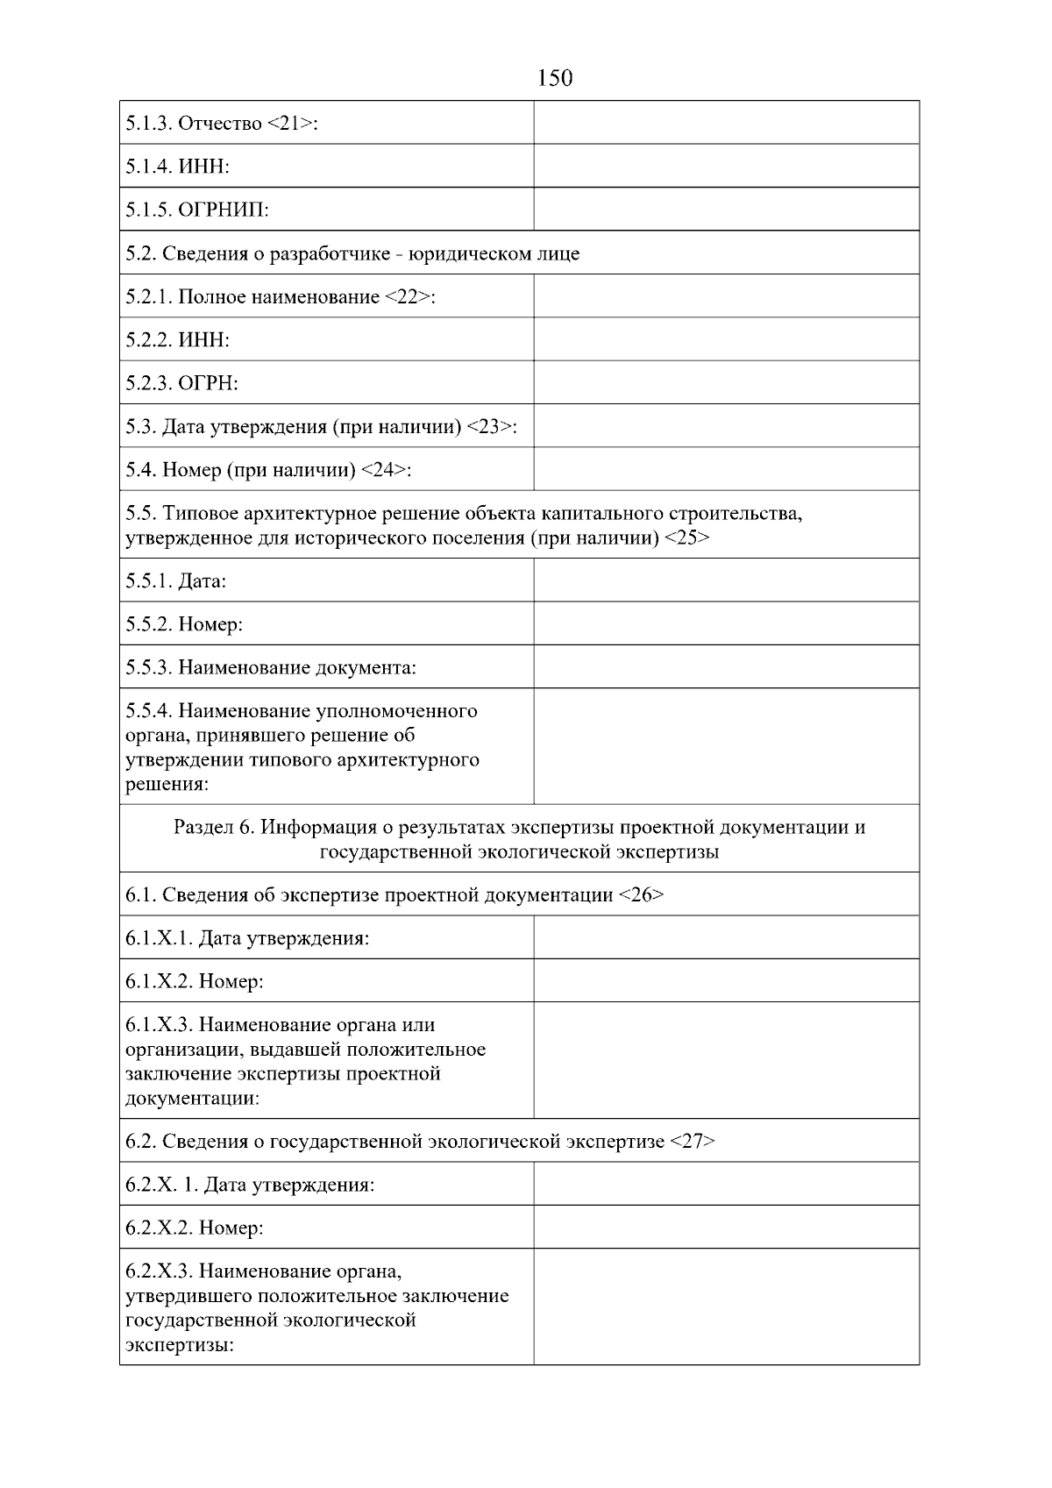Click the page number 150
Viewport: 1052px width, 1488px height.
(x=554, y=79)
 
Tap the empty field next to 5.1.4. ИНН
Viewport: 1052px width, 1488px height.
(x=726, y=166)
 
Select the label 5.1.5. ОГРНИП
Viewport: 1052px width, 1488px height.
(x=197, y=210)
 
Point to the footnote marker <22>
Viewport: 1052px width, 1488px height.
(x=408, y=297)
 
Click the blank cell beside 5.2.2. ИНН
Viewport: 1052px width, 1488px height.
(x=726, y=339)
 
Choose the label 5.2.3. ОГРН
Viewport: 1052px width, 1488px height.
(x=182, y=383)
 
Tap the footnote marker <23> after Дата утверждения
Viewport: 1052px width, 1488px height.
(x=489, y=427)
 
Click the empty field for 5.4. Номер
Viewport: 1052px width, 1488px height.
(x=726, y=469)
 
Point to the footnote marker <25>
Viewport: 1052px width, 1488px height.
(x=687, y=538)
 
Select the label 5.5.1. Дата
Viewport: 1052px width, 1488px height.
(x=176, y=581)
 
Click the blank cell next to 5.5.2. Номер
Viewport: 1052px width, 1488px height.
(x=726, y=623)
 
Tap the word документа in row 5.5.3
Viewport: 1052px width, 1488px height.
(x=366, y=668)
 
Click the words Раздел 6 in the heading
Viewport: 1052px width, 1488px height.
(x=214, y=828)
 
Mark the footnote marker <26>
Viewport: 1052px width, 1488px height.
(x=641, y=895)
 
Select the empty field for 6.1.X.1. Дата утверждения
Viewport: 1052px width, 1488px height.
(x=726, y=937)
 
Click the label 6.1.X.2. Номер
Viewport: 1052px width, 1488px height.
(x=195, y=981)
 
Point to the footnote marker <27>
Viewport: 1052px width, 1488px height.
(x=693, y=1142)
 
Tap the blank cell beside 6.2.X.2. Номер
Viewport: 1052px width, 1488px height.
(x=726, y=1228)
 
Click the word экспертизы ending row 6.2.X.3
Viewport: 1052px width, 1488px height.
(x=179, y=1345)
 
